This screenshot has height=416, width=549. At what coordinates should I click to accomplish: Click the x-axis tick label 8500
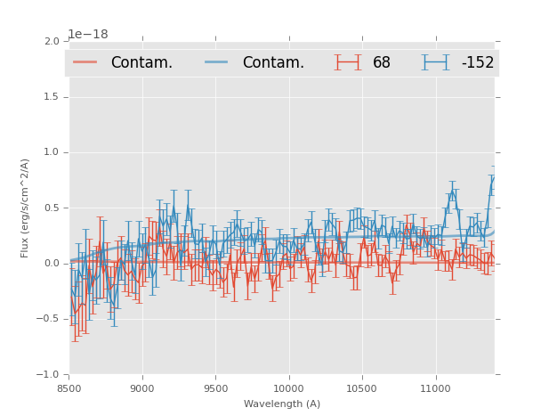tap(69, 388)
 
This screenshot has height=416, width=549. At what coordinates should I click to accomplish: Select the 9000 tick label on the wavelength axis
tap(142, 388)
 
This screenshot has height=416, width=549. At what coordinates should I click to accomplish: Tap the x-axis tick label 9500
tap(215, 388)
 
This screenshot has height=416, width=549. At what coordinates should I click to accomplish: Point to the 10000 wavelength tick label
tap(288, 388)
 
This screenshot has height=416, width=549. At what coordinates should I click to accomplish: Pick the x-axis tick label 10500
tap(362, 388)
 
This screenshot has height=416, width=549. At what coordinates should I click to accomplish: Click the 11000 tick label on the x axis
tap(435, 388)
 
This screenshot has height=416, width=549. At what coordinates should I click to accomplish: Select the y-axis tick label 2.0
tap(52, 41)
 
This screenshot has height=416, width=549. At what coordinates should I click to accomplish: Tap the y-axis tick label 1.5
tap(52, 96)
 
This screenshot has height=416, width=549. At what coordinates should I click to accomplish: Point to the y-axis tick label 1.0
tap(52, 152)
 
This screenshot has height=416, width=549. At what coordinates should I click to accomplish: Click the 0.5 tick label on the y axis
tap(52, 208)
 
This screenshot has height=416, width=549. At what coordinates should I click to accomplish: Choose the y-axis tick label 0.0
tap(52, 264)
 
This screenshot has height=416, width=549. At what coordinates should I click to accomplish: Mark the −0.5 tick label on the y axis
tap(48, 319)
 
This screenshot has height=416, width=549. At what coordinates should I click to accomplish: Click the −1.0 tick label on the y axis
tap(48, 375)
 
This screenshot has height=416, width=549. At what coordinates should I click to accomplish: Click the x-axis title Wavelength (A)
tap(282, 404)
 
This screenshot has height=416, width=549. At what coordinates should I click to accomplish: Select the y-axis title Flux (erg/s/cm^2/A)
tap(26, 208)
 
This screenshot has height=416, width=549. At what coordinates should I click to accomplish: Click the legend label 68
tap(382, 63)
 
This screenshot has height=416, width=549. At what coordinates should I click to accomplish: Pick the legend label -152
tap(477, 63)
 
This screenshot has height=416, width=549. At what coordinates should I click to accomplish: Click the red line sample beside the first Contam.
tap(85, 62)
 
